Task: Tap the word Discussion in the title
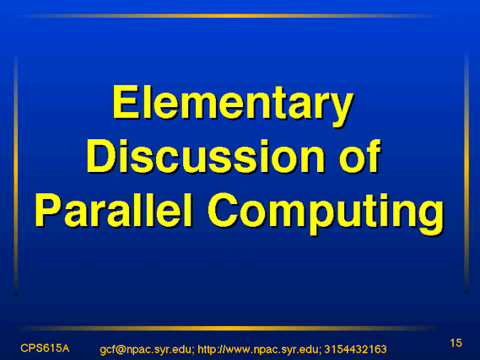(205, 157)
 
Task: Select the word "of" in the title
(359, 157)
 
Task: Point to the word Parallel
(114, 210)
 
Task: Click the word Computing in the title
(326, 213)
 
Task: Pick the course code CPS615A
(45, 348)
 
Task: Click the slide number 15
(456, 343)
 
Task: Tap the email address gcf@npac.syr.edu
(145, 349)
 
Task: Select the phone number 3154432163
(355, 349)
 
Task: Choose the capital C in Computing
(223, 210)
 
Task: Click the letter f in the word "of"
(373, 157)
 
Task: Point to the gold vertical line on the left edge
(16, 175)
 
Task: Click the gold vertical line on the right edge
(467, 173)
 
